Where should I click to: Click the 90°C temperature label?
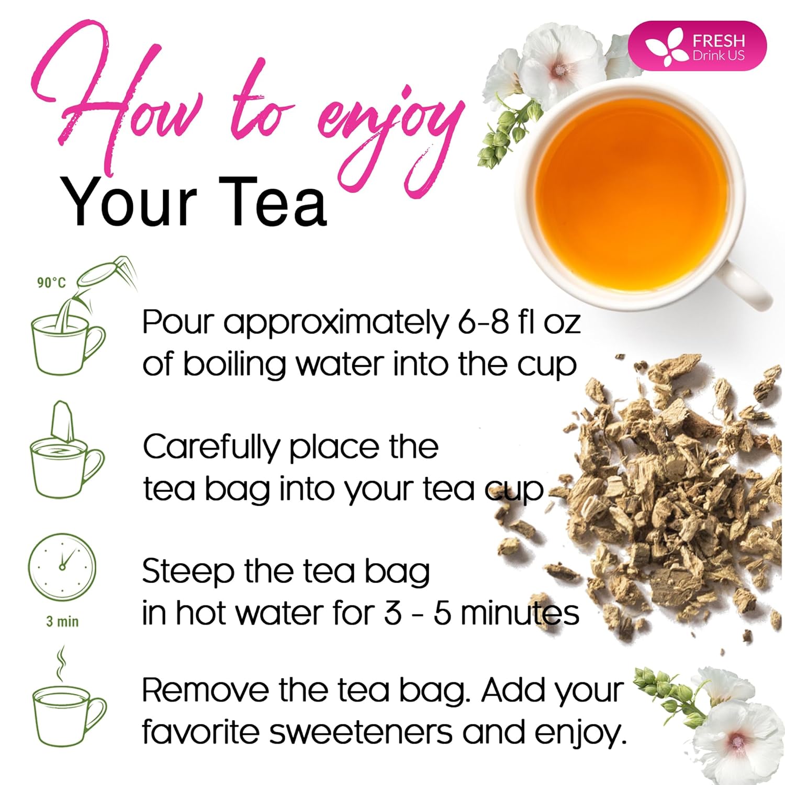(51, 283)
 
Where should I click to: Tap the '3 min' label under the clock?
(62, 622)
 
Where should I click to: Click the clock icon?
(62, 567)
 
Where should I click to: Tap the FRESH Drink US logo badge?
(697, 46)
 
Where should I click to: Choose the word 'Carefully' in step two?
(211, 448)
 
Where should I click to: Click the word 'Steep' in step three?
(188, 572)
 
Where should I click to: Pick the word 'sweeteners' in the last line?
(361, 732)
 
